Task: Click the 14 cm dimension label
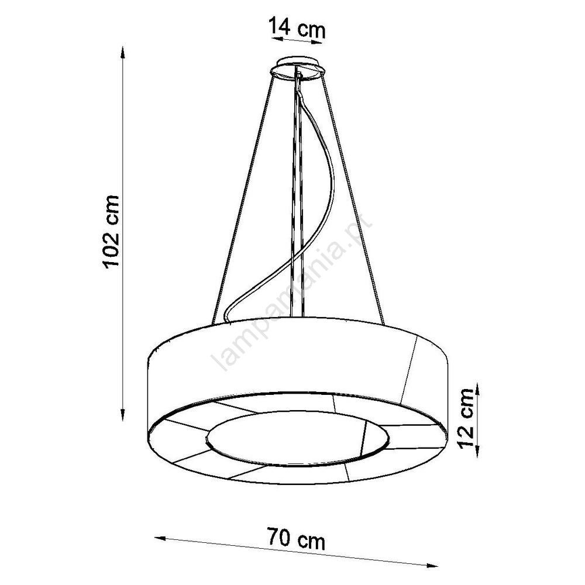(297, 27)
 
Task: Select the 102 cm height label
(112, 231)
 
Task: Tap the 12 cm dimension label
(466, 418)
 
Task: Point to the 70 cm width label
(296, 538)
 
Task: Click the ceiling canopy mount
(297, 68)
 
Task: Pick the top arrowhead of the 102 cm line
(122, 51)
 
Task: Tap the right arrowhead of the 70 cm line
(432, 565)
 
